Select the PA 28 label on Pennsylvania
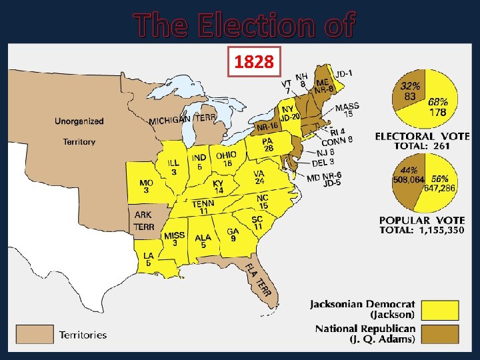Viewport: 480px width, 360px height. coord(269,144)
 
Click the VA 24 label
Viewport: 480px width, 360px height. coord(259,177)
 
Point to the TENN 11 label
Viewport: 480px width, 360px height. coord(203,207)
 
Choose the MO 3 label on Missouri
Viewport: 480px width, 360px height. coord(146,187)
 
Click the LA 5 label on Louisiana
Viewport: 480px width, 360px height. coord(148,259)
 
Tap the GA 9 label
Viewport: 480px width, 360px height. coord(233,235)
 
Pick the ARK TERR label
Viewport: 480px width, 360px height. coord(143,221)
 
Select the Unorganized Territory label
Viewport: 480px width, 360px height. coord(79,131)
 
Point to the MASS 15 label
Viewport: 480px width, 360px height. coord(347,111)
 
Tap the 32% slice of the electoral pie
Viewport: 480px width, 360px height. coord(409,91)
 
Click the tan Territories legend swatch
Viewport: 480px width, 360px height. coord(35,333)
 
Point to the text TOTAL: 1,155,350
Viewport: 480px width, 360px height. coord(423,230)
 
